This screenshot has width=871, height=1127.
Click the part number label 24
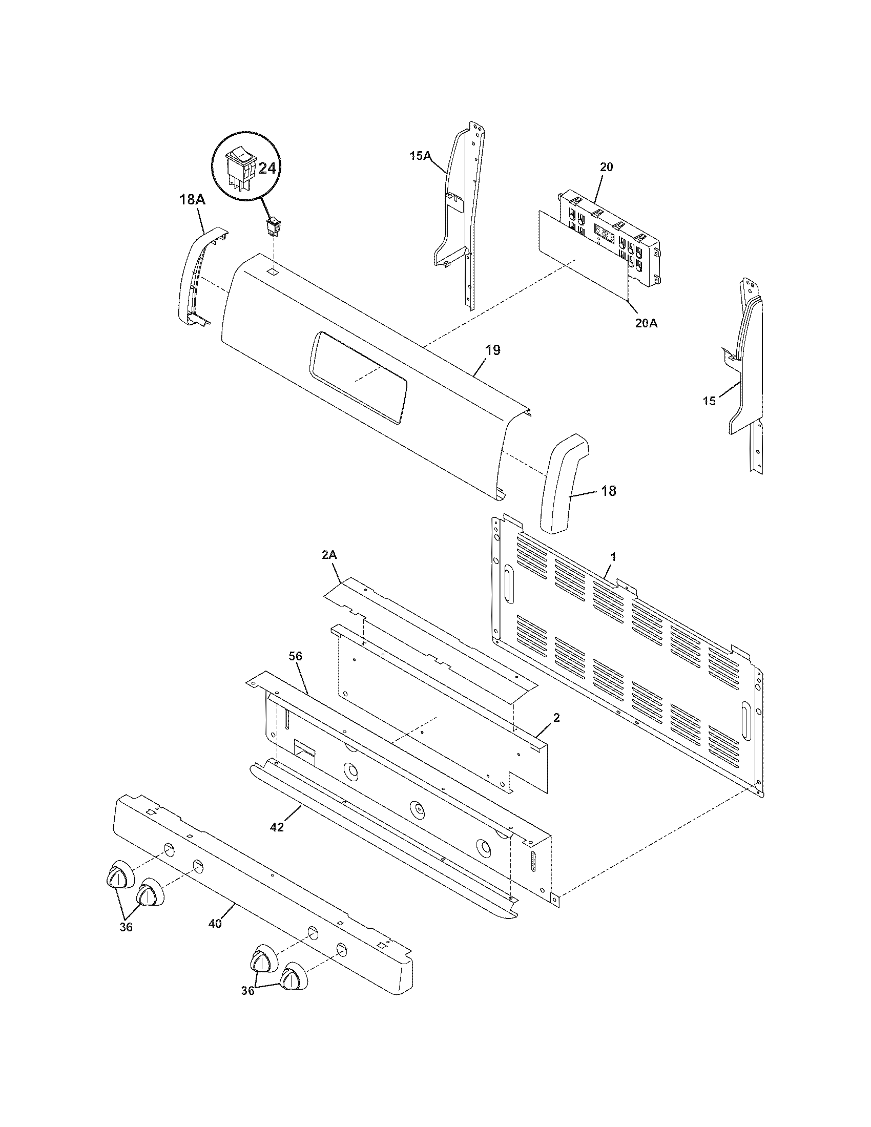pyautogui.click(x=266, y=168)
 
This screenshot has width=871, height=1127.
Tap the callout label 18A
pyautogui.click(x=192, y=200)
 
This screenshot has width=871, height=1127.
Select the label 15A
pyautogui.click(x=420, y=155)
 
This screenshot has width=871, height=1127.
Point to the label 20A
pyautogui.click(x=646, y=324)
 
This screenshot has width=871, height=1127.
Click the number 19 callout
pyautogui.click(x=493, y=350)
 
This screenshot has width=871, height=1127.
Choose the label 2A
pyautogui.click(x=329, y=555)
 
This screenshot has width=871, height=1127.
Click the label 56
pyautogui.click(x=296, y=656)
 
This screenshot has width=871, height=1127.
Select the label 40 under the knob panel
pyautogui.click(x=215, y=924)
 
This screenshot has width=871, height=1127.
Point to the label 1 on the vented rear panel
pyautogui.click(x=613, y=557)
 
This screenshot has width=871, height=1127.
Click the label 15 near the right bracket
pyautogui.click(x=710, y=401)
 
